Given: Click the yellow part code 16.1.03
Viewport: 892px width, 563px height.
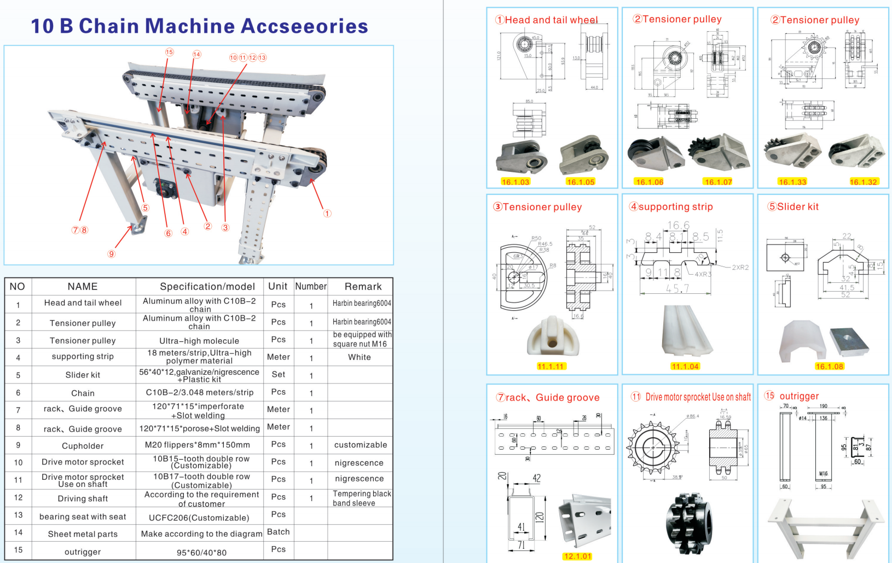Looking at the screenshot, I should pos(515,182).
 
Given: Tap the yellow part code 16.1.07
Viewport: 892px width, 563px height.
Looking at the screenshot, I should pos(718,182).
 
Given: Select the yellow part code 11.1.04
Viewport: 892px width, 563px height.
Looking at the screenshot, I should pos(685,367).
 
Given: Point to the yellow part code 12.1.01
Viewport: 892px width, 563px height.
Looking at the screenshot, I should pos(577,556).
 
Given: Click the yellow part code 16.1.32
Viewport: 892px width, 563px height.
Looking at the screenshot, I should pos(863,182).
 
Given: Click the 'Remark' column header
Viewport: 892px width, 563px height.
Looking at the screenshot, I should pos(363,286).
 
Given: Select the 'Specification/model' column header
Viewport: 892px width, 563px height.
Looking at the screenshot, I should pos(207,286).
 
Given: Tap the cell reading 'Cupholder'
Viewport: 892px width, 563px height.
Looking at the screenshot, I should pos(83,445).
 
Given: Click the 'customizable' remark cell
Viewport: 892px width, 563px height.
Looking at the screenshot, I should pos(360,445).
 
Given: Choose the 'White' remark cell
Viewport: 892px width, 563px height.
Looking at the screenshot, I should pos(359,357).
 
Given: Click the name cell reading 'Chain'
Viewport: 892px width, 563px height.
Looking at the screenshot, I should pos(83,393).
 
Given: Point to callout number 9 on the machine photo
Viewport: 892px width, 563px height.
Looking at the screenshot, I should pos(112,253).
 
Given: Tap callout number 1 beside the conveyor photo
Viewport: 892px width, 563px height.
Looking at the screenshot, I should pos(327,213).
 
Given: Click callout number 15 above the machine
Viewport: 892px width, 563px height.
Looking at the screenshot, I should pos(170,52).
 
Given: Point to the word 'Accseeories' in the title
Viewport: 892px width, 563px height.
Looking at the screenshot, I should pos(304,26).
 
